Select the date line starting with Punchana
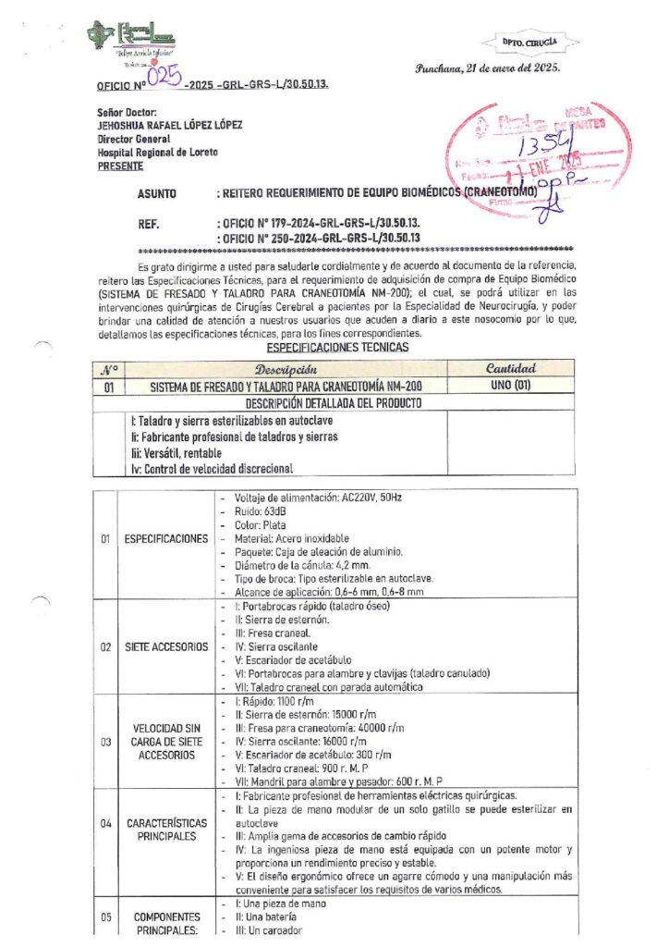(x=487, y=68)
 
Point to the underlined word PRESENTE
(x=120, y=166)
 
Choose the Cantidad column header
(x=509, y=369)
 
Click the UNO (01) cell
(x=509, y=386)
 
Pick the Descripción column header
(x=286, y=369)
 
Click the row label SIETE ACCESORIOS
(x=166, y=647)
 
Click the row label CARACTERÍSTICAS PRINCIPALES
(x=166, y=830)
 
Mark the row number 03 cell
(x=105, y=742)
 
